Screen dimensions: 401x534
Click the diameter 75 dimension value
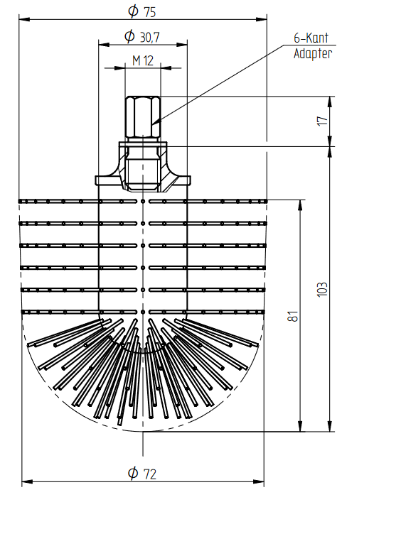[x=150, y=12]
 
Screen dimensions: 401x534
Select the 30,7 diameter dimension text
[x=150, y=37]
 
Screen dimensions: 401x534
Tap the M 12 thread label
[x=143, y=60]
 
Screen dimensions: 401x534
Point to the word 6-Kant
[x=311, y=38]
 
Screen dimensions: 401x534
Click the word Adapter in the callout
[x=313, y=53]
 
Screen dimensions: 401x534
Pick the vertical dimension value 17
[x=322, y=121]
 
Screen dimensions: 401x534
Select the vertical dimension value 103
[x=322, y=290]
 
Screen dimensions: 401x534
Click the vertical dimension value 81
[x=293, y=316]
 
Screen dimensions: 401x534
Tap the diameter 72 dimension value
[x=150, y=474]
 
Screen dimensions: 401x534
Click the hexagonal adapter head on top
[x=142, y=116]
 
